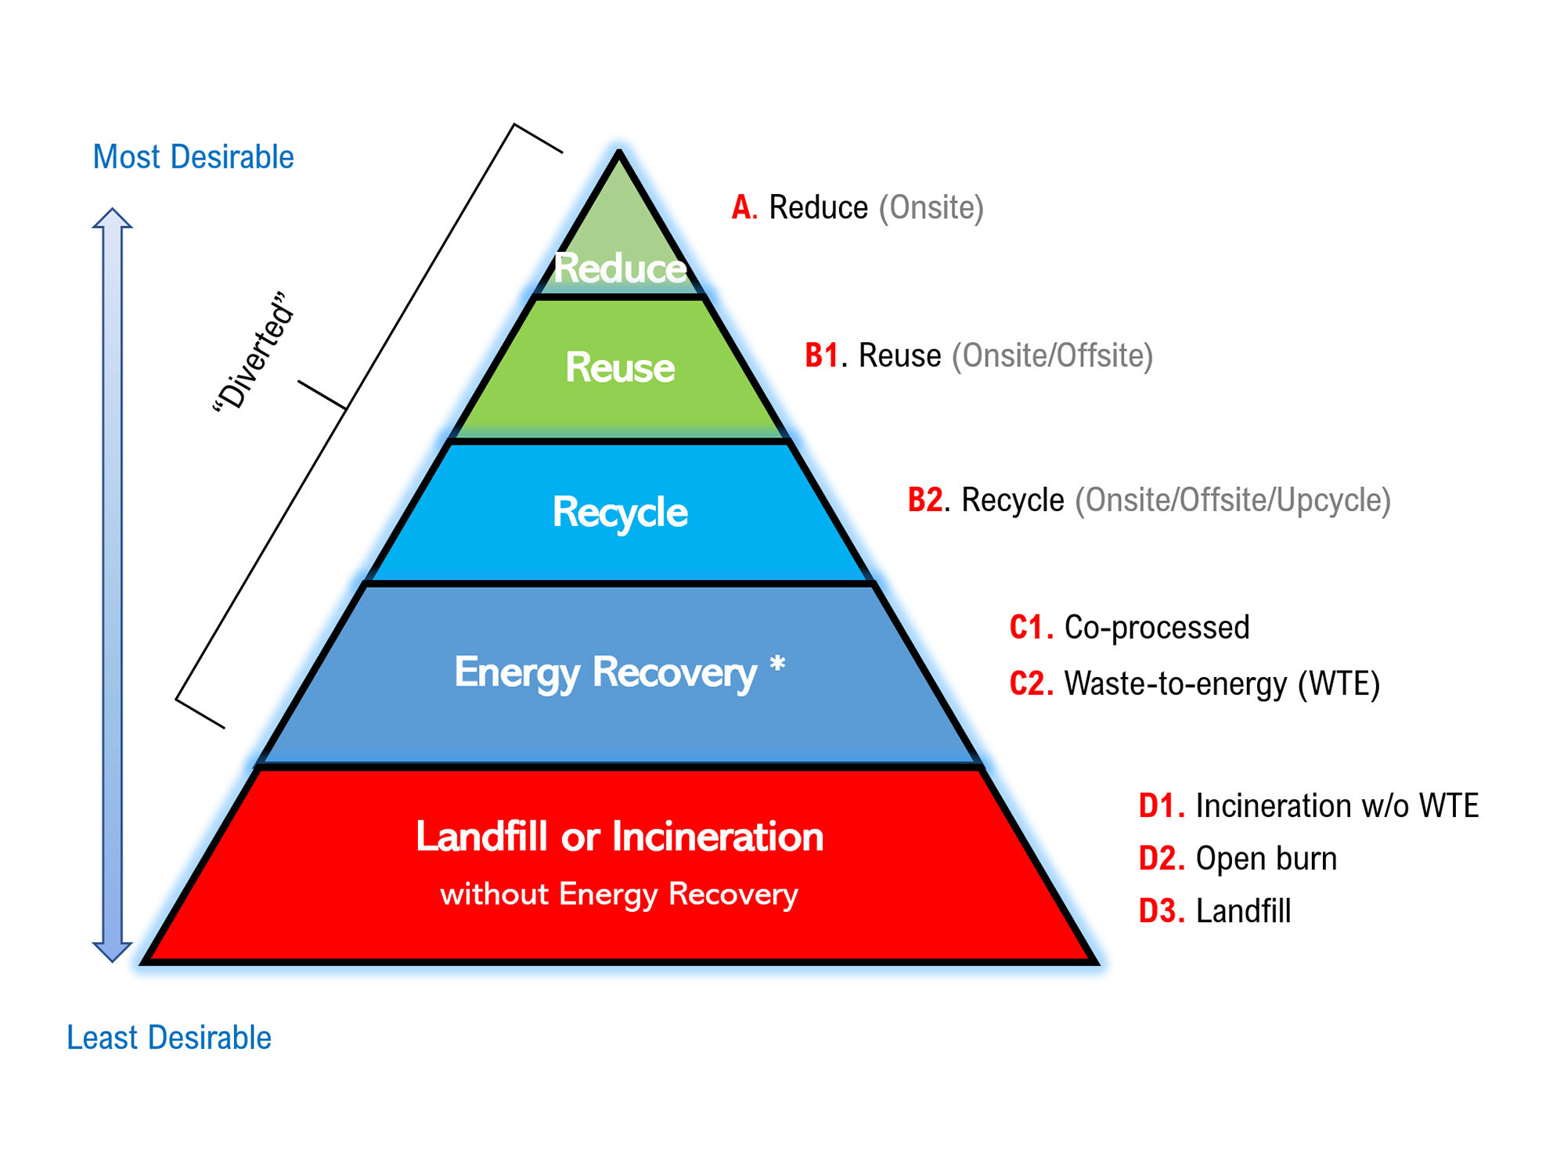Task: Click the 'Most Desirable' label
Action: click(x=193, y=157)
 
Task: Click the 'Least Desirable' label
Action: click(x=169, y=1038)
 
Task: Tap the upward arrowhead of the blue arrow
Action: click(x=113, y=219)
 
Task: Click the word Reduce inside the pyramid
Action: click(x=620, y=268)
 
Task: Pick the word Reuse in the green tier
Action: click(x=620, y=367)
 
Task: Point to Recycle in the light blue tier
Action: click(x=620, y=513)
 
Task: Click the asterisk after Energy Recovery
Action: click(x=777, y=666)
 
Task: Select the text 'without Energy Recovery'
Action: click(x=619, y=894)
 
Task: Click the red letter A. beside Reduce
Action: click(x=744, y=208)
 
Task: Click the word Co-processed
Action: click(x=1157, y=628)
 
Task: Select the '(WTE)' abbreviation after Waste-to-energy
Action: click(x=1339, y=684)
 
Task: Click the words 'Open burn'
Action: click(x=1266, y=859)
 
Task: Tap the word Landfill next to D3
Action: click(x=1243, y=911)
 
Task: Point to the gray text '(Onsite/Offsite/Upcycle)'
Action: click(x=1232, y=500)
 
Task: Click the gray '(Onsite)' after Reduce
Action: click(x=931, y=208)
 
